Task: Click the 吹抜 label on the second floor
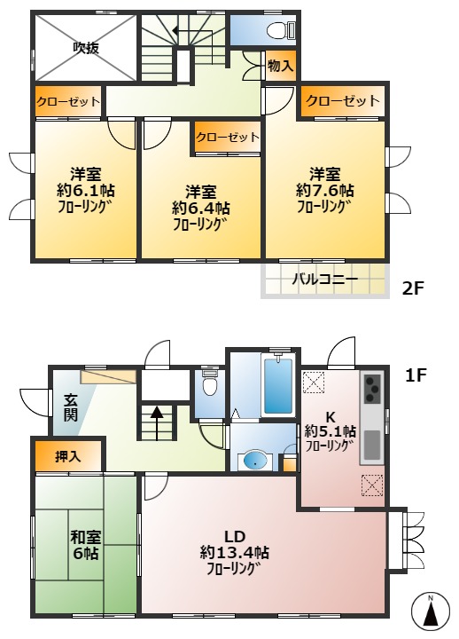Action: click(86, 48)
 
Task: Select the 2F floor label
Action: click(414, 288)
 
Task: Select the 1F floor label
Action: click(416, 375)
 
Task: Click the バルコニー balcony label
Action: click(325, 281)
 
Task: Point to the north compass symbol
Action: click(430, 613)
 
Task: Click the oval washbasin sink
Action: click(254, 459)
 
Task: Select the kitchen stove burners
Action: click(372, 390)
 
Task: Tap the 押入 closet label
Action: click(68, 458)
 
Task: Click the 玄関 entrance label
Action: click(70, 409)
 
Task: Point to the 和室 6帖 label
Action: click(86, 543)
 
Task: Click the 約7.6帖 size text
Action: click(325, 191)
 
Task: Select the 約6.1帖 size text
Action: click(86, 191)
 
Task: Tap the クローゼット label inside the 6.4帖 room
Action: click(227, 138)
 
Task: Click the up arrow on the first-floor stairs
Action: click(157, 413)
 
